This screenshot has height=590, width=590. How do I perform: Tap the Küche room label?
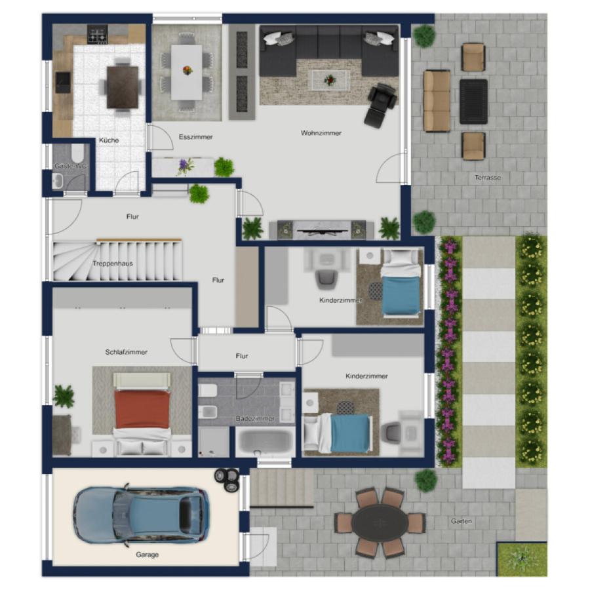[109, 140]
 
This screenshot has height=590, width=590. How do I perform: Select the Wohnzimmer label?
[321, 133]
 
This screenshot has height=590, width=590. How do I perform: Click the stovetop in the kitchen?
[98, 35]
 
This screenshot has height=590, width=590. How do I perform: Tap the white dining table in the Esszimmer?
[187, 72]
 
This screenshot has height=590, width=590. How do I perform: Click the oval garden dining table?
[380, 522]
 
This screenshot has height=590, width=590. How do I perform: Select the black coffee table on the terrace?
[473, 102]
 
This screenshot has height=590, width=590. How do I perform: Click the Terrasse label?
[488, 178]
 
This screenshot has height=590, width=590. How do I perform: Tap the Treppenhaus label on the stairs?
[113, 264]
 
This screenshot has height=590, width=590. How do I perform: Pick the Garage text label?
[147, 555]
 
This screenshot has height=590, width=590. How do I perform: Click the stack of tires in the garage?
[227, 480]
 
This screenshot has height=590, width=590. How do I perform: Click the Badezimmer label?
[255, 418]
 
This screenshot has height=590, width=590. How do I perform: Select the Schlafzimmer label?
[127, 352]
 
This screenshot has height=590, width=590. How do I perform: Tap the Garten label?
[462, 521]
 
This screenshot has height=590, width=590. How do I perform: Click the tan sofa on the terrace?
[437, 101]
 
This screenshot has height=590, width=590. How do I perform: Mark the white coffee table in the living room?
[330, 80]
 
